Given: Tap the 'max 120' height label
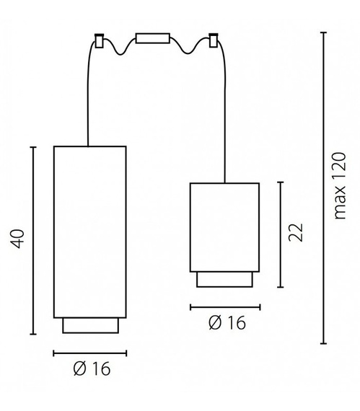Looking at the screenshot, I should (340, 188).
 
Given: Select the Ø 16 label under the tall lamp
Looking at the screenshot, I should (92, 369).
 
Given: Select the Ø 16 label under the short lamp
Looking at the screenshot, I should (227, 322).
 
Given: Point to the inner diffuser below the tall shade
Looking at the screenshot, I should (90, 325).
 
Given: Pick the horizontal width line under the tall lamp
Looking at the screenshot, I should (90, 353).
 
